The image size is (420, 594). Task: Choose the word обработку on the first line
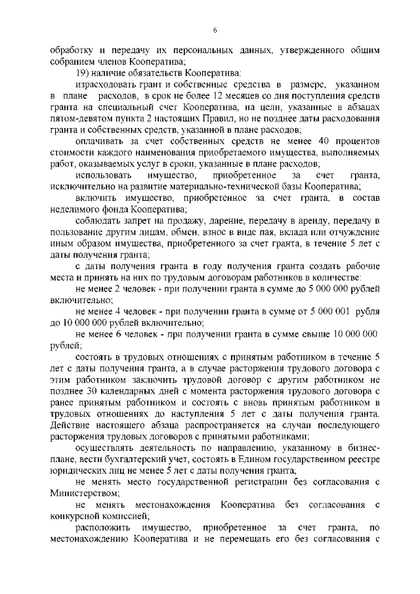(74, 49)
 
